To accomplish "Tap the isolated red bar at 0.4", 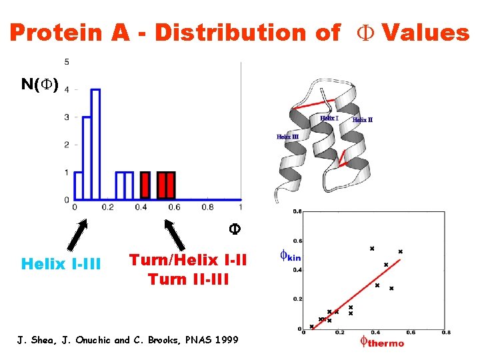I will [145, 186].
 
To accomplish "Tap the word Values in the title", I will [425, 32].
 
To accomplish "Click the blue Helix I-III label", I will [61, 264].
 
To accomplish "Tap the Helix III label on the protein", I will [287, 137].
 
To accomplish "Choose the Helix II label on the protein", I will [362, 120].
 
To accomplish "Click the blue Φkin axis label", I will [290, 255].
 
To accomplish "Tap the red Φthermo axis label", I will [381, 343].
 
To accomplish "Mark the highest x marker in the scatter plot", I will [372, 249].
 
